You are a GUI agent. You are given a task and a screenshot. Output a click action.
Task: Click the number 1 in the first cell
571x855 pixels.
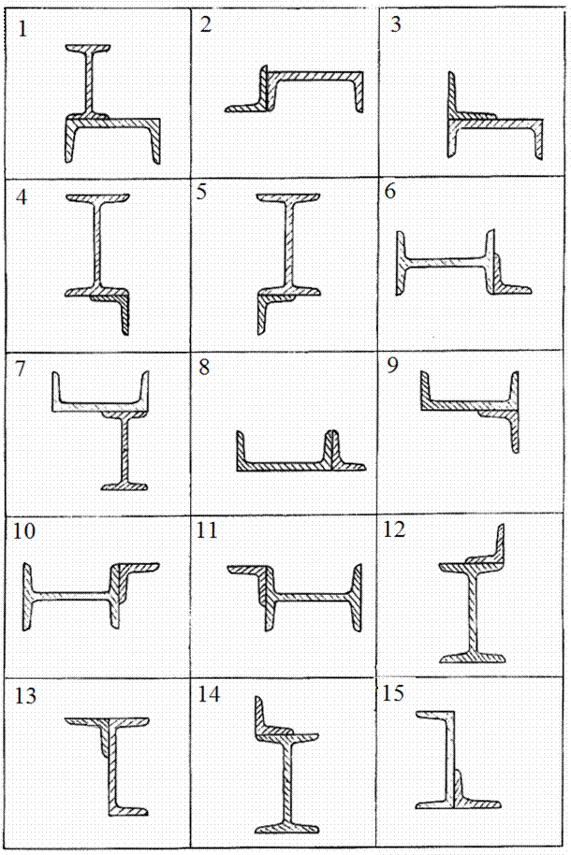(22, 28)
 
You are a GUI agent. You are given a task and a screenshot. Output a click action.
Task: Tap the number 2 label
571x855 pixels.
(205, 24)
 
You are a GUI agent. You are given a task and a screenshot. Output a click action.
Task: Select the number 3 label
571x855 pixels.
(396, 24)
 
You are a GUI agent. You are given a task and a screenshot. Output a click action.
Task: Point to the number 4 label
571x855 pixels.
(22, 196)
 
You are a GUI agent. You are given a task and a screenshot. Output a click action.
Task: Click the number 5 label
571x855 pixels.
(202, 192)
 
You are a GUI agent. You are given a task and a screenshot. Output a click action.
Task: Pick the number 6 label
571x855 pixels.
(389, 192)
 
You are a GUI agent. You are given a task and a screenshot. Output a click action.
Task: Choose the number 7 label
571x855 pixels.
(21, 369)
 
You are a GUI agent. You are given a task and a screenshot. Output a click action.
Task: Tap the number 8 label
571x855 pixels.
(204, 367)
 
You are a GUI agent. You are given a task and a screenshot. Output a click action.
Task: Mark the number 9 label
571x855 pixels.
(392, 366)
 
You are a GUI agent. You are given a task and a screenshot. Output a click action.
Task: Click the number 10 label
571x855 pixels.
(24, 531)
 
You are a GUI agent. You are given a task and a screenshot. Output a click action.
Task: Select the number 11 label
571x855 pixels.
(207, 530)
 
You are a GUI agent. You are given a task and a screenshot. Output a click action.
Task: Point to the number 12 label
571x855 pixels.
(394, 529)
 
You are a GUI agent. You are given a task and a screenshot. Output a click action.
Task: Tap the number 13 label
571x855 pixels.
(25, 696)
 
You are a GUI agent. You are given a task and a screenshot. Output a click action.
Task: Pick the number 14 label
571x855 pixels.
(209, 695)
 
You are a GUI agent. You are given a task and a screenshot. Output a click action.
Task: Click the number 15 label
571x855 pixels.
(393, 693)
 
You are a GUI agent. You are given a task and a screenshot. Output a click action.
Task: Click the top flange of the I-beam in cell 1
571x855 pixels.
(88, 49)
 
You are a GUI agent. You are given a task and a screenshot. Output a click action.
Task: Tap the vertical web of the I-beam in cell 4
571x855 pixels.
(96, 245)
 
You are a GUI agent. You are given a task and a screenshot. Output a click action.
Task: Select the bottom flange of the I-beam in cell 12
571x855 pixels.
(473, 658)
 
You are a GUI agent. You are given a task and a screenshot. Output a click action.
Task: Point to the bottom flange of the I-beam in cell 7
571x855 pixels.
(124, 485)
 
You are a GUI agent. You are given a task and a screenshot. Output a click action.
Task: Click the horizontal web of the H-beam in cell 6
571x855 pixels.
(446, 262)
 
